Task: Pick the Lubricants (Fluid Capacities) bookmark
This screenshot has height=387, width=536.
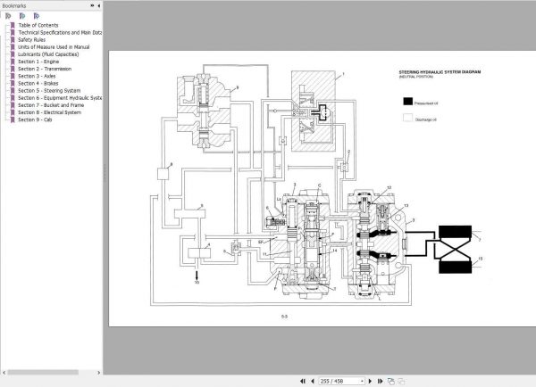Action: pyautogui.click(x=54, y=54)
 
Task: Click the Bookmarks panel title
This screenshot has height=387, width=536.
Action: pyautogui.click(x=20, y=5)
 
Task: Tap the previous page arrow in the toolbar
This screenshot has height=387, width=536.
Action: pyautogui.click(x=312, y=381)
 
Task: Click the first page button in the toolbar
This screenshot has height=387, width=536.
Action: pyautogui.click(x=301, y=381)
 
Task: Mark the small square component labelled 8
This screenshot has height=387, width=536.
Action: pyautogui.click(x=163, y=173)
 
